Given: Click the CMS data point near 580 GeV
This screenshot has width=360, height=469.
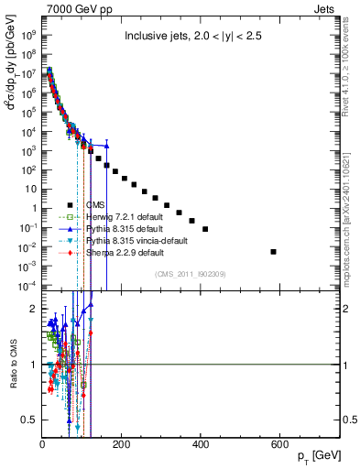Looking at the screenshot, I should click(274, 251).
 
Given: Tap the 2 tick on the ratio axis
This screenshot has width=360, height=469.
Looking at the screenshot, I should click(35, 309).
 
